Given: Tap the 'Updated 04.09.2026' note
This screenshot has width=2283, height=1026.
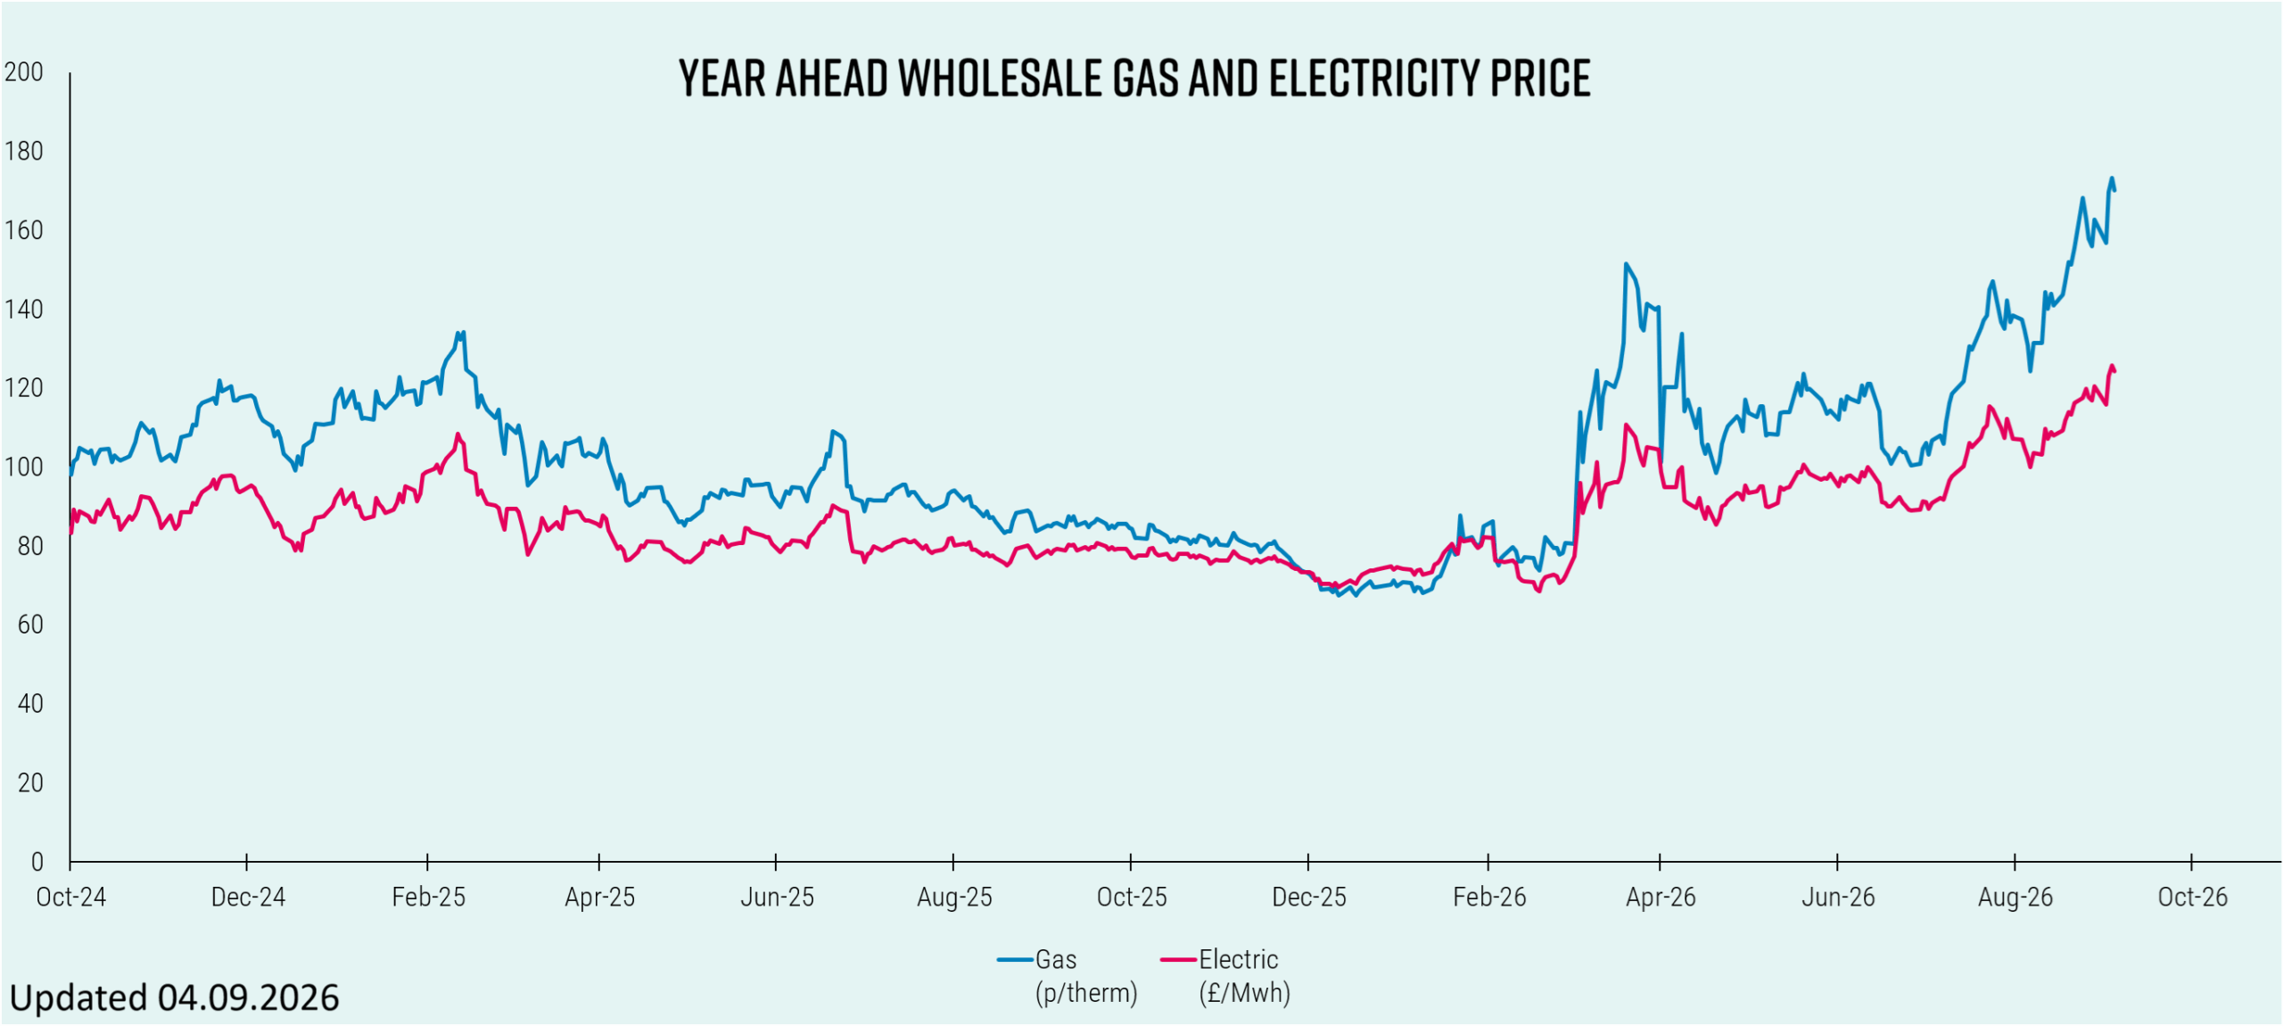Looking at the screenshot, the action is pos(174,997).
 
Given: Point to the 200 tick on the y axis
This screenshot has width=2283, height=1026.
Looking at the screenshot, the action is pos(24,71).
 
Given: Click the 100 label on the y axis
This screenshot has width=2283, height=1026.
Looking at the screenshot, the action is pos(24,467).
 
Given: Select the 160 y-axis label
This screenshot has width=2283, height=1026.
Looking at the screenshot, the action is pos(24,230).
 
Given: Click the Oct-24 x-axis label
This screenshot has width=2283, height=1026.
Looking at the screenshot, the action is pos(70,897).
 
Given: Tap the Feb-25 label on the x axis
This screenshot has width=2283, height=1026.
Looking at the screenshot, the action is pos(428,897).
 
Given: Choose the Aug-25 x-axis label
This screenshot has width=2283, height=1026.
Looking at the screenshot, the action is pos(954,897).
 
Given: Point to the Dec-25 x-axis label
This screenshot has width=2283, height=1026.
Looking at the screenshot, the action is pos(1309,897).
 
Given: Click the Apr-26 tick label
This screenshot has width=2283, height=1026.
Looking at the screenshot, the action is pos(1661,897).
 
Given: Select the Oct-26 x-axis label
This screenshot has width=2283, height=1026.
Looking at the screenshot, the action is pos(2193,897).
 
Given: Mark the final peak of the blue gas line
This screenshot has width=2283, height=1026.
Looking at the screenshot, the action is pos(2112,178).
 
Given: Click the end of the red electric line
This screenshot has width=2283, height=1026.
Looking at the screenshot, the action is pos(2115,371).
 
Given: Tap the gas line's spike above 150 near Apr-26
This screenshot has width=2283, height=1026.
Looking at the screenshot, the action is pos(1626,263).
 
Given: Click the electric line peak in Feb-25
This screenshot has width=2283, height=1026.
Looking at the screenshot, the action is pos(458,434).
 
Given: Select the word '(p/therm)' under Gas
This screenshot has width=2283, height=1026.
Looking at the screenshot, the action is pos(1086,993).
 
